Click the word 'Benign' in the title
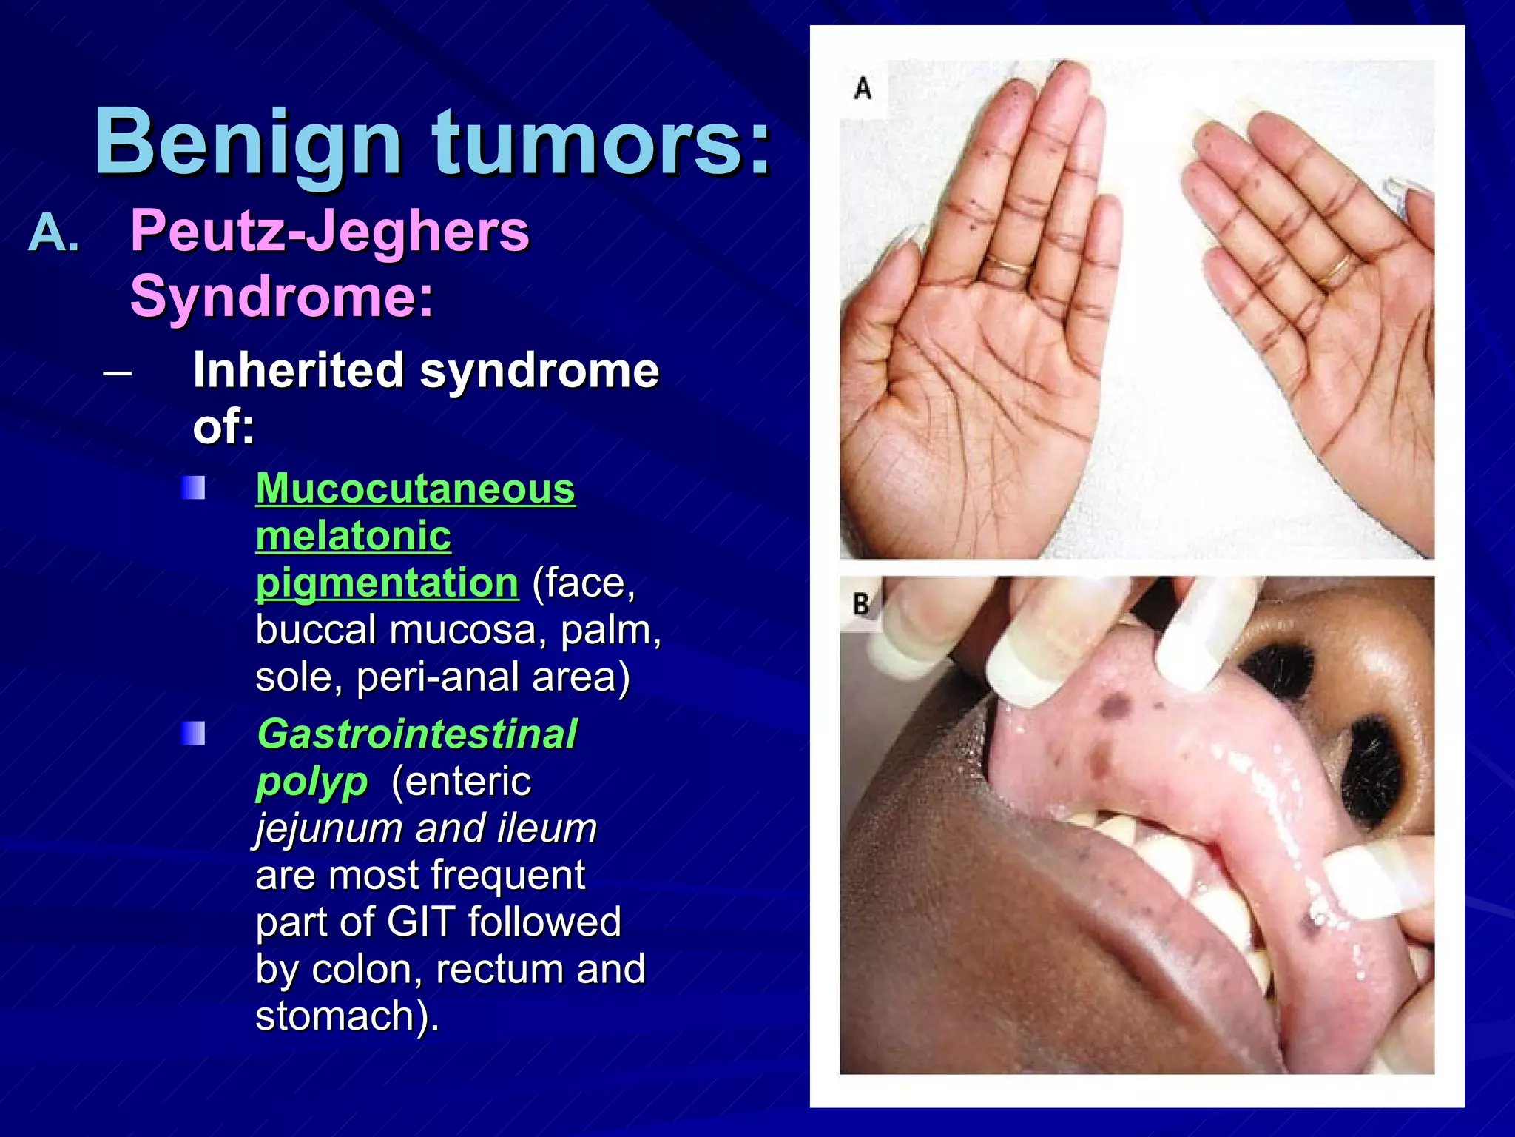pos(248,142)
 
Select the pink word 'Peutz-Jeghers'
pos(330,231)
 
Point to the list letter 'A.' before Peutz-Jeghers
pos(53,234)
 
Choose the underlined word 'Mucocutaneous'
pos(415,489)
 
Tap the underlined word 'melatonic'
pos(353,535)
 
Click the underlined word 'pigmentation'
pos(387,583)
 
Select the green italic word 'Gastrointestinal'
pos(416,734)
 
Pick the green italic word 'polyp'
pos(311,782)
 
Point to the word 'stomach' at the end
pos(340,1016)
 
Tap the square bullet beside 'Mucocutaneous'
pos(194,489)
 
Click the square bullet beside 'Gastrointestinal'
pos(194,734)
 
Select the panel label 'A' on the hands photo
pos(863,88)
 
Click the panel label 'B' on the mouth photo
pos(861,604)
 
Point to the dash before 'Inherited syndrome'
pos(118,372)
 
